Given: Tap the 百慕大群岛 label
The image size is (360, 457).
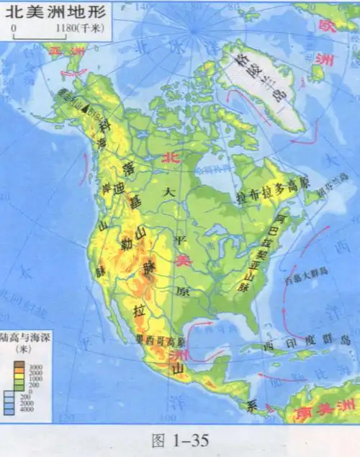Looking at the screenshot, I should [306, 271].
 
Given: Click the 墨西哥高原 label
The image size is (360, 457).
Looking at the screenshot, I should [160, 340].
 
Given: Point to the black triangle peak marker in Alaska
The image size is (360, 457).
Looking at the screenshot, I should [86, 109].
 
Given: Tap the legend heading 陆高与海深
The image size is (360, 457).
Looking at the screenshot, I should [23, 336].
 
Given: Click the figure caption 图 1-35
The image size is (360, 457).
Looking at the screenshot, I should [179, 440].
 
